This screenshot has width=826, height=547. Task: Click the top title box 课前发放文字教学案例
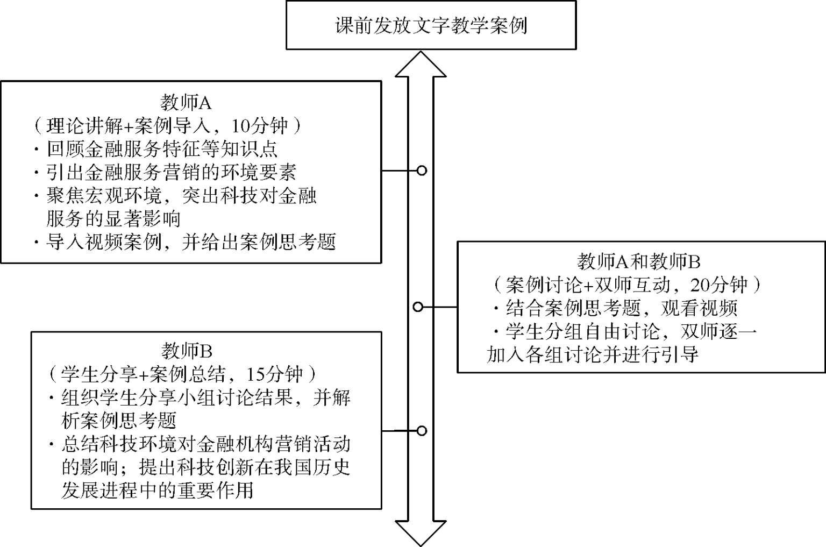pyautogui.click(x=431, y=25)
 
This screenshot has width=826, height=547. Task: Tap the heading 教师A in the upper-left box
pyautogui.click(x=186, y=103)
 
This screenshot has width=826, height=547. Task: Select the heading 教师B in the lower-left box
pyautogui.click(x=187, y=351)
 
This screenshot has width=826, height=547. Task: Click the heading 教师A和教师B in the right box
pyautogui.click(x=638, y=261)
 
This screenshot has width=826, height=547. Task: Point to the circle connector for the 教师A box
pyautogui.click(x=422, y=171)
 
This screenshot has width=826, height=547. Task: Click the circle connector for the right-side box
pyautogui.click(x=417, y=307)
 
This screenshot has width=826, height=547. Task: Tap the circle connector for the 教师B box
pyautogui.click(x=422, y=430)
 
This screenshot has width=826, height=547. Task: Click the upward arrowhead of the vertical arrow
pyautogui.click(x=421, y=65)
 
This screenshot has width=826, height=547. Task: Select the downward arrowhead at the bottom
pyautogui.click(x=421, y=534)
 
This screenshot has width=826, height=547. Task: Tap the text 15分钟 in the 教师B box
pyautogui.click(x=274, y=374)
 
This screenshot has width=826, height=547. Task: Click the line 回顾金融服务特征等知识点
pyautogui.click(x=162, y=149)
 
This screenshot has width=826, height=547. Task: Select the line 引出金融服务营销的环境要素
pyautogui.click(x=172, y=172)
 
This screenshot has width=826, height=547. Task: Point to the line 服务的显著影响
pyautogui.click(x=113, y=219)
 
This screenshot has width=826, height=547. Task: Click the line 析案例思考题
pyautogui.click(x=119, y=421)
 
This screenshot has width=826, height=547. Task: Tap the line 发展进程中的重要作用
pyautogui.click(x=157, y=491)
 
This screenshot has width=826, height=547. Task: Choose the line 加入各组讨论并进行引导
pyautogui.click(x=592, y=354)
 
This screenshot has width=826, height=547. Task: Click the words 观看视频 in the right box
pyautogui.click(x=699, y=308)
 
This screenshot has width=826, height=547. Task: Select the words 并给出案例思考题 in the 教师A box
pyautogui.click(x=259, y=242)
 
